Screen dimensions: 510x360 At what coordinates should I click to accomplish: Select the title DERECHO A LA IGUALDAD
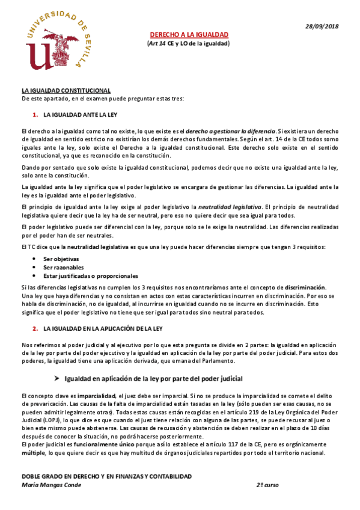(x=189, y=35)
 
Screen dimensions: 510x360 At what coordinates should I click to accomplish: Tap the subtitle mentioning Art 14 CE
(x=189, y=44)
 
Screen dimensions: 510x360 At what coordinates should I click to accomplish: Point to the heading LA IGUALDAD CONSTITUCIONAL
(x=66, y=90)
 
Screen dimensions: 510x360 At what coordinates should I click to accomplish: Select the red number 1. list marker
(x=35, y=114)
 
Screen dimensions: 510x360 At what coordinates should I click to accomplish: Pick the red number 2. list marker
(x=35, y=328)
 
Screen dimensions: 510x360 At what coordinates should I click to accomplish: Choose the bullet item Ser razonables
(x=64, y=267)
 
